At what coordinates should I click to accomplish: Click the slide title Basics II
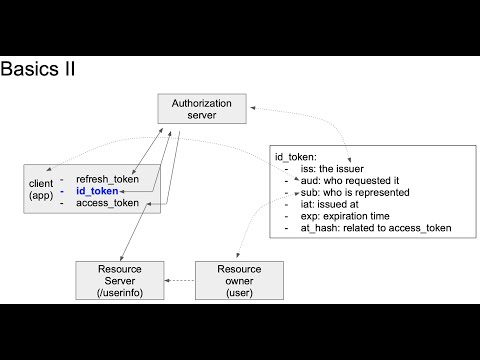39,70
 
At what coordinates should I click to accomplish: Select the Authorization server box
201,109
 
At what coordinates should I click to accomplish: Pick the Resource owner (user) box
238,282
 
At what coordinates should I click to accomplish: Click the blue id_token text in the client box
97,190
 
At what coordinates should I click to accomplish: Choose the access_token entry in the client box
108,203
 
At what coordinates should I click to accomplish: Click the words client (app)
41,190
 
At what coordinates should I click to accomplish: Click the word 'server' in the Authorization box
201,116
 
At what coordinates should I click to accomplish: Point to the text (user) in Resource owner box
238,294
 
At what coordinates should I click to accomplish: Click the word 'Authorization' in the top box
201,103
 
